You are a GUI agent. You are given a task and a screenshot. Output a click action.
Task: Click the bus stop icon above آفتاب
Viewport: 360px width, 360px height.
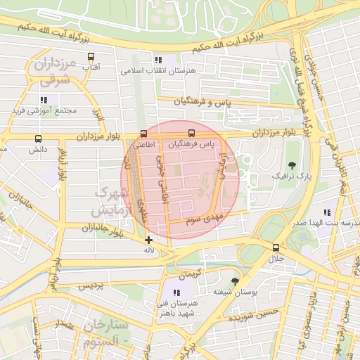click(91, 57)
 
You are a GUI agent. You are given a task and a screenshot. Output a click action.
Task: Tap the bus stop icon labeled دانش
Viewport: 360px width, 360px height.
click(37, 139)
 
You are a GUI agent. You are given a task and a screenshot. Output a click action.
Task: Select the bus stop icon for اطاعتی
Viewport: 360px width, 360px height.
click(144, 134)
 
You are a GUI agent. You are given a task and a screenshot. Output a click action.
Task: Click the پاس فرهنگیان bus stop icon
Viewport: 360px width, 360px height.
click(191, 134)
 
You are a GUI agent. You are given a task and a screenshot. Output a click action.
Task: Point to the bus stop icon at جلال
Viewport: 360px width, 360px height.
click(275, 247)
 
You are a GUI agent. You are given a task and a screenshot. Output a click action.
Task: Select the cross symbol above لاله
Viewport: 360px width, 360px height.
click(148, 240)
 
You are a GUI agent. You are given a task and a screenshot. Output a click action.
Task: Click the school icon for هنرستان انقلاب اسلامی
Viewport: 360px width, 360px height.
click(158, 60)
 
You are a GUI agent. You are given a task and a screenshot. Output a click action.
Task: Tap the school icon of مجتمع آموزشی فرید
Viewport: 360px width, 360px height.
click(44, 101)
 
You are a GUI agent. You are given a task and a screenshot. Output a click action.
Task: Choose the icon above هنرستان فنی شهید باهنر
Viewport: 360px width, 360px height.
click(176, 292)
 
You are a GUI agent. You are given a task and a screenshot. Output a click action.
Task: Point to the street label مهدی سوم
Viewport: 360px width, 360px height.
click(204, 219)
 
